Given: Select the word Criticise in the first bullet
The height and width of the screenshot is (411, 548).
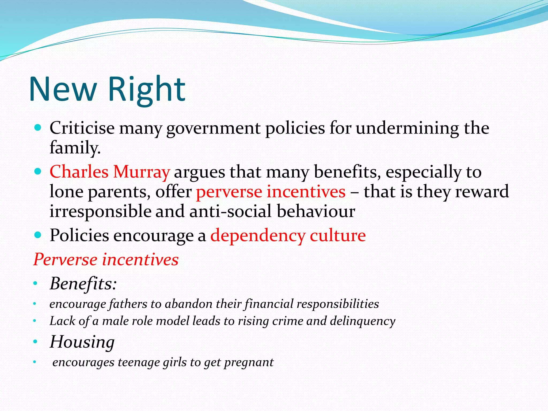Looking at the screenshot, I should tap(82, 128).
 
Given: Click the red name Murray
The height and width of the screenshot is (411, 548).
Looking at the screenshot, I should tap(141, 172).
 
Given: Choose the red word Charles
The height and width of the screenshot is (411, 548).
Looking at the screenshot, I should tap(79, 172).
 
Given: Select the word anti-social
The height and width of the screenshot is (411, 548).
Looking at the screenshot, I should tap(231, 211).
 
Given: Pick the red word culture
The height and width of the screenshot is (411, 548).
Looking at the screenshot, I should tap(338, 235).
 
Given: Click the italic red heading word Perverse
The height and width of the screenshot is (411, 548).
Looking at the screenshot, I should tap(65, 260).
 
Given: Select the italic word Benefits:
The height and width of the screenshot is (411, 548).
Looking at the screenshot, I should tap(83, 284).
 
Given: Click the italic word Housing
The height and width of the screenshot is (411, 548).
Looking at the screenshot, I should tap(82, 342).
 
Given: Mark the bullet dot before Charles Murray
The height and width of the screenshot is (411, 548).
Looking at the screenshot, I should tap(38, 171).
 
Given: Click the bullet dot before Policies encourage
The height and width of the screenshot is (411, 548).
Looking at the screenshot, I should tap(38, 235).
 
